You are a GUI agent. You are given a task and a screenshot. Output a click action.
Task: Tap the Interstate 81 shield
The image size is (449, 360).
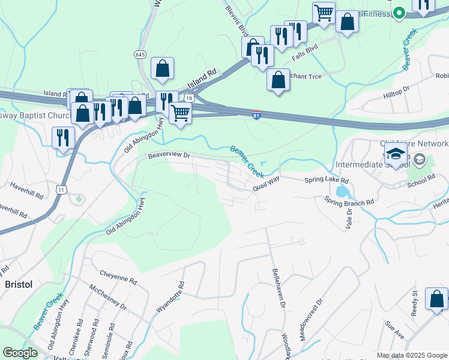tap(256, 115)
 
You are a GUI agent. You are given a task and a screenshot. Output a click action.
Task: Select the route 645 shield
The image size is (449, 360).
tap(140, 54)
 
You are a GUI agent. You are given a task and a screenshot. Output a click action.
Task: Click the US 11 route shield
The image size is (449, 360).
tap(61, 190)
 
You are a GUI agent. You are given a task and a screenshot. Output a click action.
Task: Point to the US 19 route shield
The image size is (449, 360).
tap(189, 97)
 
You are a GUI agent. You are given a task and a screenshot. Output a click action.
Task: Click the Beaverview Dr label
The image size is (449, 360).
tap(169, 155)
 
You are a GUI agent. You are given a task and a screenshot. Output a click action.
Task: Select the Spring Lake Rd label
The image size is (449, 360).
tap(327, 180)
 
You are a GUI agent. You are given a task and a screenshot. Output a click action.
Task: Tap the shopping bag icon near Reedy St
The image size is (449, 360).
tap(436, 299)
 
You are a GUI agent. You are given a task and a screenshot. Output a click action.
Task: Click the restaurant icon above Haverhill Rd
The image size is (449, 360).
tap(62, 137)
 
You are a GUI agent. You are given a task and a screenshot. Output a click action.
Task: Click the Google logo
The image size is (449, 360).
tap(20, 353)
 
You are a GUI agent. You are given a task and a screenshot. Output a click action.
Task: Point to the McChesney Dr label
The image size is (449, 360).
tap(108, 297)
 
